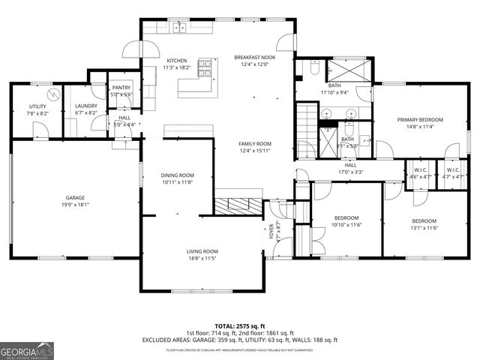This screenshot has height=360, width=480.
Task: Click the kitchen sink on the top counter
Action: [x=179, y=28]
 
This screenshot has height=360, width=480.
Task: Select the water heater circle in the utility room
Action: [x=52, y=94]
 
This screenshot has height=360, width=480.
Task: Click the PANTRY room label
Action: [x=121, y=88]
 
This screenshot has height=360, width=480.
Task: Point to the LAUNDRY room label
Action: [x=85, y=106]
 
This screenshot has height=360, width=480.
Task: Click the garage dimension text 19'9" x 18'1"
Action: [x=73, y=204]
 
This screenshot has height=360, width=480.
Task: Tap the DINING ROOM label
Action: [x=177, y=175]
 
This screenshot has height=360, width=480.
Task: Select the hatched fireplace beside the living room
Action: [x=238, y=205]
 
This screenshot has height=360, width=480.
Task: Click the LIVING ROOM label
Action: [x=202, y=251]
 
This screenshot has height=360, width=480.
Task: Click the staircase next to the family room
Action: [x=305, y=119]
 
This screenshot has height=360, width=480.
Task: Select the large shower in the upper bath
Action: [x=347, y=70]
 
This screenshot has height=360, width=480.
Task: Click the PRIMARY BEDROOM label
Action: [x=420, y=120]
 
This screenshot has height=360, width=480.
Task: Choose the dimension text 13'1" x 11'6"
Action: [x=424, y=228]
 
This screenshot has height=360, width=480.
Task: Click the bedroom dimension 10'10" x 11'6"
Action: [x=346, y=225]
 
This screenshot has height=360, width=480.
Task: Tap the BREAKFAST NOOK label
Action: [x=254, y=57]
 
